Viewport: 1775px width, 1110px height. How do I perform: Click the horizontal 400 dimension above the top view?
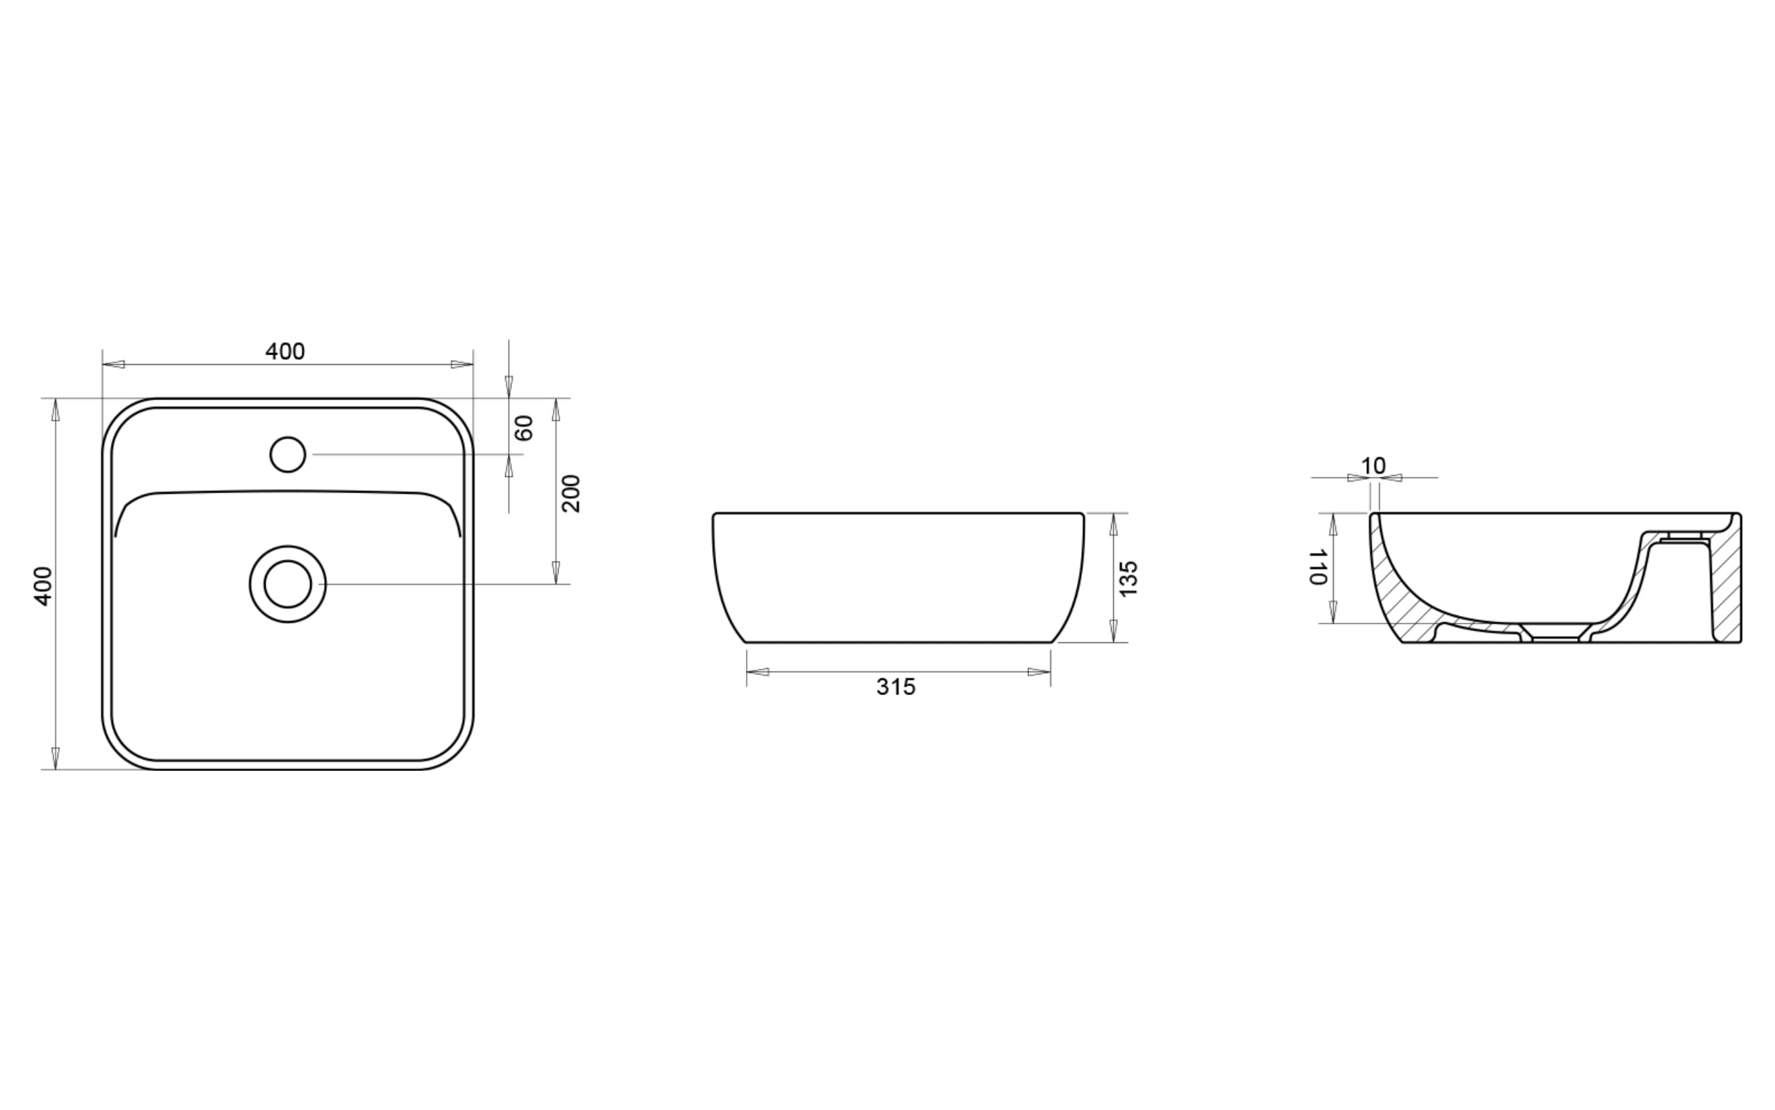[x=284, y=352]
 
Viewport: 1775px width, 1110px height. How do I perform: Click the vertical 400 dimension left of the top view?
[x=43, y=586]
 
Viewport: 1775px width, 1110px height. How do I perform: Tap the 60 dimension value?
[x=524, y=428]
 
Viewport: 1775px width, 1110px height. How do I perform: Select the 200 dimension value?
[x=570, y=493]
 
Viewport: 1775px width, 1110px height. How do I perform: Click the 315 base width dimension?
[x=897, y=687]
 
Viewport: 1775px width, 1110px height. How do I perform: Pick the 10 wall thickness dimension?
[x=1373, y=466]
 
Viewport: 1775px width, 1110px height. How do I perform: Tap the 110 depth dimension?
[x=1318, y=566]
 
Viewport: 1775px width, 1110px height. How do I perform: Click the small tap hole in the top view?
[x=288, y=454]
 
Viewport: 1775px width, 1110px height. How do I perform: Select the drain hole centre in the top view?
[x=288, y=584]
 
